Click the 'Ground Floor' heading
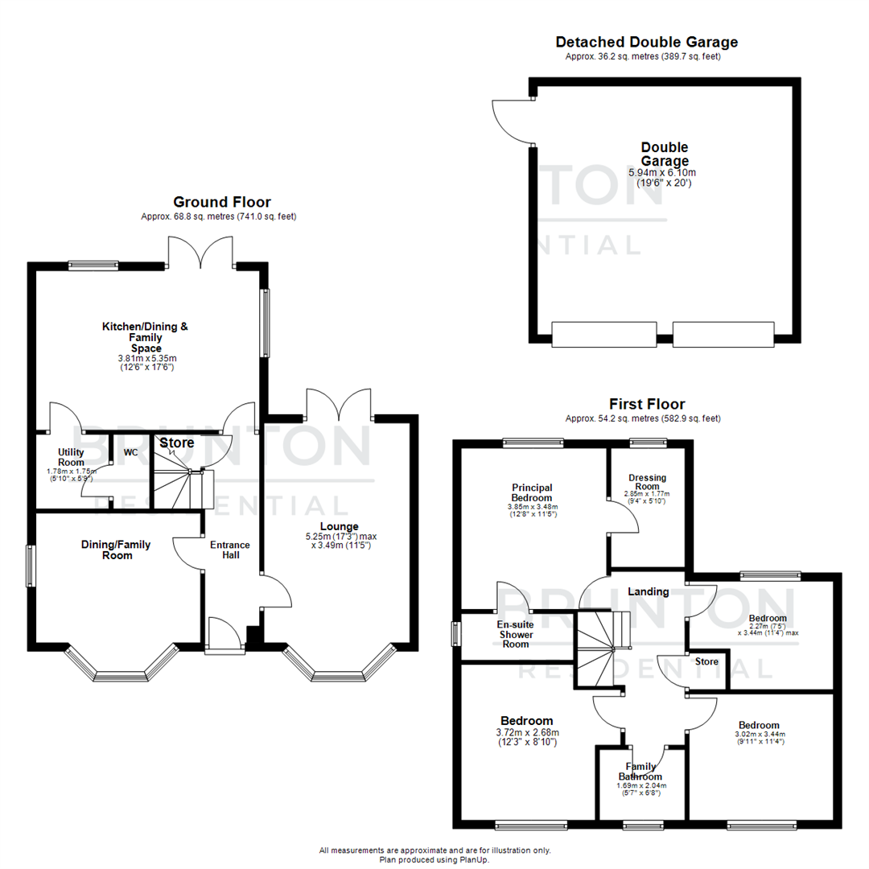tap(222, 202)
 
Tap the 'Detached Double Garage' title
tap(646, 42)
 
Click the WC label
tap(130, 452)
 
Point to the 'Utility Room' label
tap(71, 458)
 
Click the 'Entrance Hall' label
tap(230, 550)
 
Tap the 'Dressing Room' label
tap(648, 483)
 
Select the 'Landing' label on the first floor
tap(649, 591)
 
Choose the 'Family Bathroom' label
tap(642, 772)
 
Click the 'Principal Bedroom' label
tap(532, 492)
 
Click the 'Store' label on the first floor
tap(706, 661)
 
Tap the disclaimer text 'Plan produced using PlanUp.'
tap(435, 859)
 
